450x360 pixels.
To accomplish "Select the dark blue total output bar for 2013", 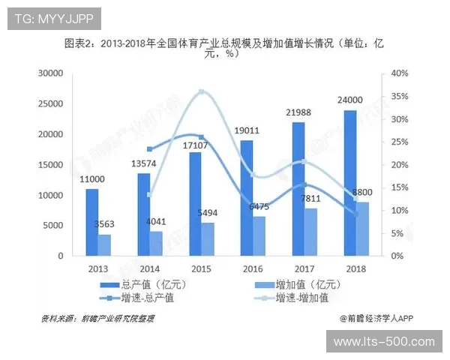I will pos(91,222).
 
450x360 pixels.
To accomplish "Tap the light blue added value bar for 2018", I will pos(362,229).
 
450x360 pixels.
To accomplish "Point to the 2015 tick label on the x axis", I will pos(200,268).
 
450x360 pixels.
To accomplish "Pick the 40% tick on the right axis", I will pos(399,73).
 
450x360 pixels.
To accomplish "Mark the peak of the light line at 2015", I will pos(201,91).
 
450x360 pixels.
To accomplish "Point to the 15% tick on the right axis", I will pos(399,187).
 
